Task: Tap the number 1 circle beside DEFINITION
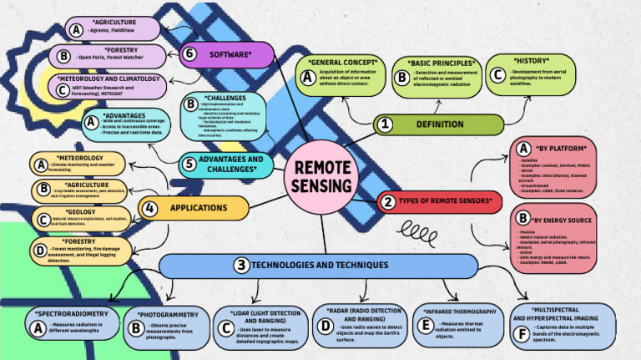pos(385,124)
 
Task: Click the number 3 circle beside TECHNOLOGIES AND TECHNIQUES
pos(240,266)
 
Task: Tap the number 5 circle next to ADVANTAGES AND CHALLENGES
pos(190,164)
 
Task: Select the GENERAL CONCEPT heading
pos(342,63)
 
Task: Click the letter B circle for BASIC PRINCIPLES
pos(401,78)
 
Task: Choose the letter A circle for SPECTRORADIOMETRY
pos(38,328)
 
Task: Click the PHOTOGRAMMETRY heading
pos(167,315)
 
